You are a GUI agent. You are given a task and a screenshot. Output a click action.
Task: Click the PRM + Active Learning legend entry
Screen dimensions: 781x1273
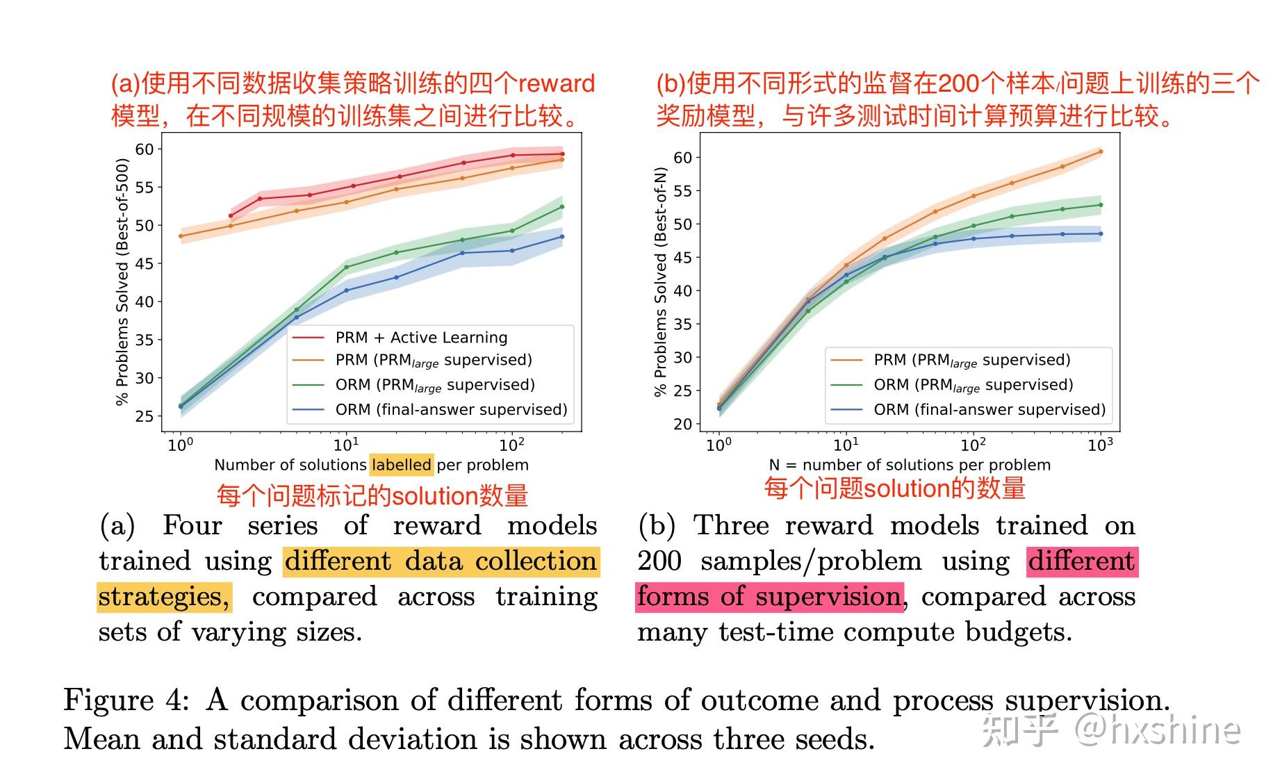click(x=421, y=338)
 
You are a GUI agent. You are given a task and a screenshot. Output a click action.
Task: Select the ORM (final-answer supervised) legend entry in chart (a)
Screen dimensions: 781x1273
click(x=451, y=410)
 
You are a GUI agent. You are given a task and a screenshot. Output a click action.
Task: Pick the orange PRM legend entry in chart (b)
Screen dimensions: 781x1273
click(x=971, y=360)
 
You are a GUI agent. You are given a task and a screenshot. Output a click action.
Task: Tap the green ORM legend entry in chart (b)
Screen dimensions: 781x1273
click(x=973, y=385)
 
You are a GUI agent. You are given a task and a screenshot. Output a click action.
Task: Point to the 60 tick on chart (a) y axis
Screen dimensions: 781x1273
click(x=145, y=149)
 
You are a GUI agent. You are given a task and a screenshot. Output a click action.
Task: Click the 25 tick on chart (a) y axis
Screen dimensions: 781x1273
click(x=145, y=416)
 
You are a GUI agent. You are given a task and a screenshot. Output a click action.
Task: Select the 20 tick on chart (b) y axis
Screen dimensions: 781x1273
click(x=683, y=424)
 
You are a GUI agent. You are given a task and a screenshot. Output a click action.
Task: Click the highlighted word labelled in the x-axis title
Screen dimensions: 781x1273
click(x=402, y=465)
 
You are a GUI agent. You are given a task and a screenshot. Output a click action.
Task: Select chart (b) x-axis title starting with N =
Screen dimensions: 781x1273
click(x=910, y=465)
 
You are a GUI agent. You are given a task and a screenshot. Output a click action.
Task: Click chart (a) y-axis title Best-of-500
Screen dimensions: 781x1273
click(x=122, y=281)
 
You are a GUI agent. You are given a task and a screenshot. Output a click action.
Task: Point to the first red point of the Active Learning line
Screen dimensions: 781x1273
click(x=231, y=215)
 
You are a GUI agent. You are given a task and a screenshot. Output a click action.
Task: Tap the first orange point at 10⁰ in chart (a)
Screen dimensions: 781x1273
click(x=181, y=236)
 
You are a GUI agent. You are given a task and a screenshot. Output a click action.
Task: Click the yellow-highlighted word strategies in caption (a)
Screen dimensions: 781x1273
click(x=164, y=597)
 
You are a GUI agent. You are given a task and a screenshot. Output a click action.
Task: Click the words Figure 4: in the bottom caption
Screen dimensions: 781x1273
click(x=126, y=700)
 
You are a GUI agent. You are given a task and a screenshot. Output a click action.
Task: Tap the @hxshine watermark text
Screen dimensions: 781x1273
click(x=1158, y=730)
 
